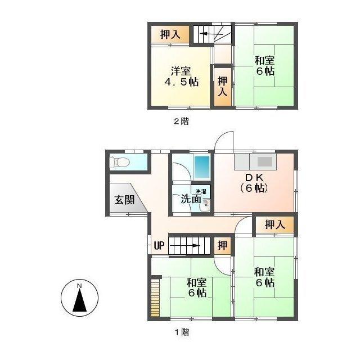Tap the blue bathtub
tap(201, 166)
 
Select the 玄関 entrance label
tap(124, 199)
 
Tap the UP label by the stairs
tap(159, 246)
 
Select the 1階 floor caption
tap(181, 332)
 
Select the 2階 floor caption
tap(181, 121)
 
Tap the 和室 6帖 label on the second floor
tap(264, 65)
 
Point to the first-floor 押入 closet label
tap(274, 224)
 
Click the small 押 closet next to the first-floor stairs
tap(223, 245)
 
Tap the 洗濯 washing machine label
tap(201, 192)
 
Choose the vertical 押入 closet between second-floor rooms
tap(222, 87)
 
